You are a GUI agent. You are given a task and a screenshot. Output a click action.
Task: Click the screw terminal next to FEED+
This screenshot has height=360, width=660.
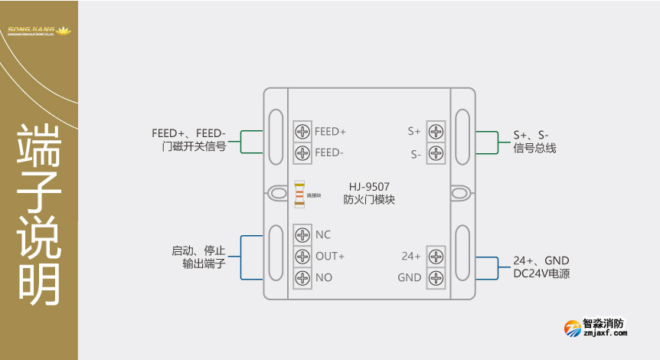pos(303,131)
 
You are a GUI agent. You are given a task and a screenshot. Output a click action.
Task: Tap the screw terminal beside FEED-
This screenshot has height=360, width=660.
pos(303,152)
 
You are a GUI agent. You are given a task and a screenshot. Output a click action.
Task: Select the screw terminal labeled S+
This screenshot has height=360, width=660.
pos(436,131)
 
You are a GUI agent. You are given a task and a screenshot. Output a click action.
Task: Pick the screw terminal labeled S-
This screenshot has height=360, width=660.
pos(436,152)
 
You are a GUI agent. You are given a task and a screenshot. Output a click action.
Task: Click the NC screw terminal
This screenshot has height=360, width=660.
pos(303,234)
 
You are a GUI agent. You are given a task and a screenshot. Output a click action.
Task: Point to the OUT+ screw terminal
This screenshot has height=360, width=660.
pos(303,256)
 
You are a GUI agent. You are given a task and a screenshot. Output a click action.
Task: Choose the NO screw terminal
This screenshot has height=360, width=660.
pos(303,277)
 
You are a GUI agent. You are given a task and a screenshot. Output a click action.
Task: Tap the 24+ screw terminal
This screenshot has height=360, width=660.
pos(436,256)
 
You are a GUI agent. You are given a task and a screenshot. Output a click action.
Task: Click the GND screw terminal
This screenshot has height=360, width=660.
pos(436,277)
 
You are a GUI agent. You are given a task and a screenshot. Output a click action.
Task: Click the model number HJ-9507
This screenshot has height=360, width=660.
pos(370,186)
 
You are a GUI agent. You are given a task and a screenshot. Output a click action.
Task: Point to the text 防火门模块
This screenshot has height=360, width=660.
pos(370,200)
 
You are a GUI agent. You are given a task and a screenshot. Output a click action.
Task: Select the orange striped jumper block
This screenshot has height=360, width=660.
pos(299,195)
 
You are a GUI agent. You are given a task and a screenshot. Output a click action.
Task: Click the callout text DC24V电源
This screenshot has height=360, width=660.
pos(541,273)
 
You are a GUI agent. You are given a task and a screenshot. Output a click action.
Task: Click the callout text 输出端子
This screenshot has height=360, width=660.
pos(199,263)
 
